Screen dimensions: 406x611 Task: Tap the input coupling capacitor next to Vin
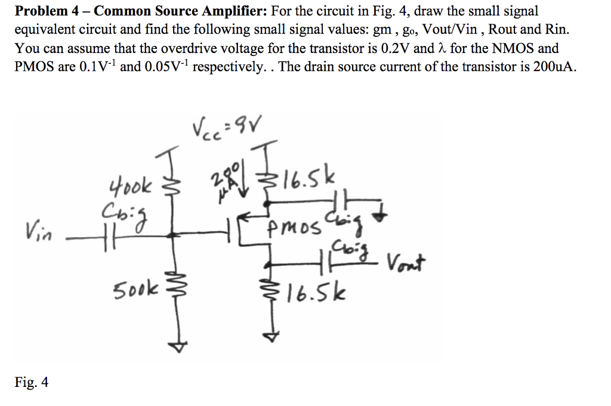coord(102,236)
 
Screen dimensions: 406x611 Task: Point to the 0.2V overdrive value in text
coord(396,48)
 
